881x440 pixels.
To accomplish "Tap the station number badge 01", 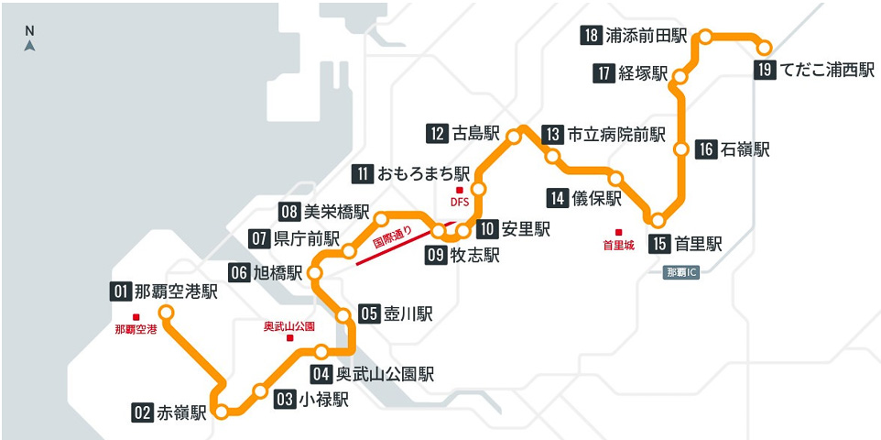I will [120, 292].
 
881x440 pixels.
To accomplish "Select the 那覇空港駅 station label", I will [176, 292].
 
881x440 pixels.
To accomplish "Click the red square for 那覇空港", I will [136, 317].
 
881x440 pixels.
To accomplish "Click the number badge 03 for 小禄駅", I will [284, 399].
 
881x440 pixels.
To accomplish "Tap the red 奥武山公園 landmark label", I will [288, 326].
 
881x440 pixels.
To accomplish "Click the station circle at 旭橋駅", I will [316, 273].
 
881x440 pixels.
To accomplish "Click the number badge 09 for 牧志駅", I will [436, 256].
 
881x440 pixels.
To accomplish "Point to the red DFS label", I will [459, 202].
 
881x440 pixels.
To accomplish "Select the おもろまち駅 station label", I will [424, 172].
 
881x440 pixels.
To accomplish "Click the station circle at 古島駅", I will [514, 137].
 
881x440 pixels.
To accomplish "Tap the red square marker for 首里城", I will [618, 232].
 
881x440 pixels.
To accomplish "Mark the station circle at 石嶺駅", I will [680, 148].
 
